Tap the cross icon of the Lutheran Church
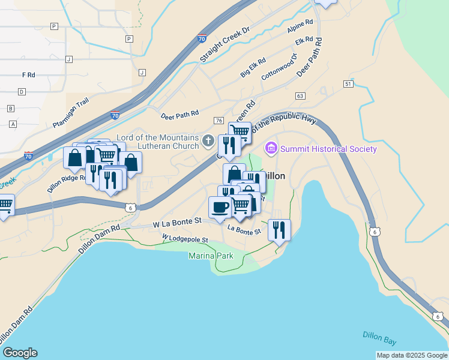[208, 141]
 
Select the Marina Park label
[211, 256]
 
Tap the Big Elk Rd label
[253, 70]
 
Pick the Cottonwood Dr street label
[279, 67]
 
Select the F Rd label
[28, 75]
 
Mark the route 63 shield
[300, 96]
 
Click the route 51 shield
[348, 85]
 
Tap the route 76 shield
[218, 121]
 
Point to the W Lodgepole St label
[185, 239]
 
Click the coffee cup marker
[219, 207]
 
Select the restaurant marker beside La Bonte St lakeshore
[279, 230]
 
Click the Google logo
[20, 353]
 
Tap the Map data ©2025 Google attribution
[412, 355]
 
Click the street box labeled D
[22, 92]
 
